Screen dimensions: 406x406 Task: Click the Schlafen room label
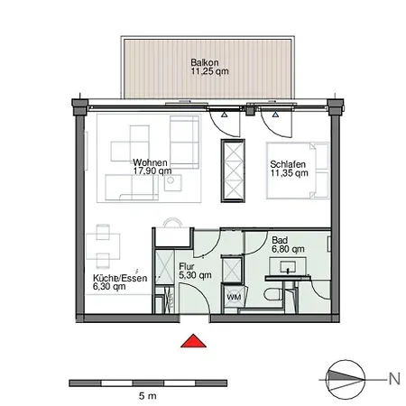point(286,164)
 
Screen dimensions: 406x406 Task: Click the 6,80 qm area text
point(287,251)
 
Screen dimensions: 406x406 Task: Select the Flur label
point(187,267)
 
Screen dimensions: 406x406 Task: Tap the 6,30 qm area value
point(107,288)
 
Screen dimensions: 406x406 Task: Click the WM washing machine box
point(232,296)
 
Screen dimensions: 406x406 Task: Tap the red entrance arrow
point(191,341)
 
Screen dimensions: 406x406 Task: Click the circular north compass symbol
point(345,378)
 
